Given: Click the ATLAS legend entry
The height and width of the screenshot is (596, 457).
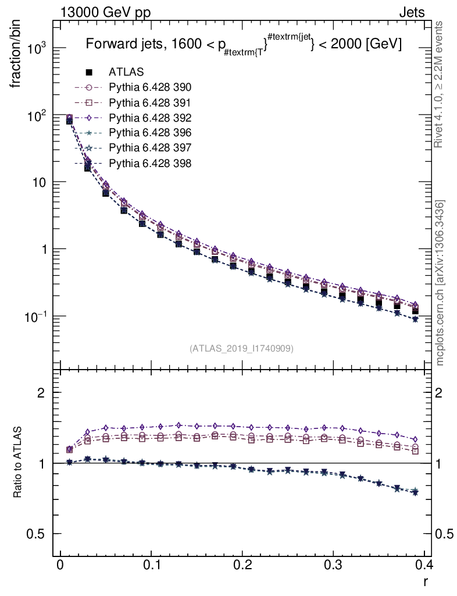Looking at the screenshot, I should [126, 72].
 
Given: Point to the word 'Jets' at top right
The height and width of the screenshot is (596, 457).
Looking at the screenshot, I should [411, 12].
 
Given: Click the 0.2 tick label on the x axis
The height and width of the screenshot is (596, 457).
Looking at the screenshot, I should [242, 565].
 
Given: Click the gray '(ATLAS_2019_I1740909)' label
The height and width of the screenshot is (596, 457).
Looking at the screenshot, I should [241, 349].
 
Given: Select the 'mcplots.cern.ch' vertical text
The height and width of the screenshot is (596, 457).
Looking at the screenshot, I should [440, 283].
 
